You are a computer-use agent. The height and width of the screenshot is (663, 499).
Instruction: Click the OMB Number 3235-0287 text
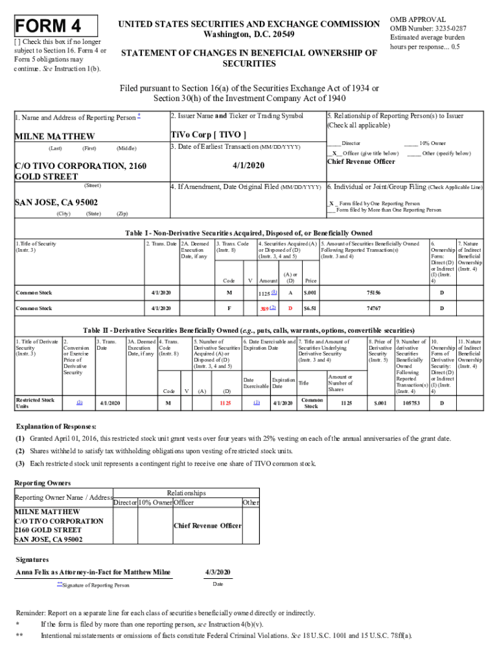pos(427,28)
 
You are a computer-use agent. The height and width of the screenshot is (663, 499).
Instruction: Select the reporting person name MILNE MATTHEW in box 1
pos(54,137)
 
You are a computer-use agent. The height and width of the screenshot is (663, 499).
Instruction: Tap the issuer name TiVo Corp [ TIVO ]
pos(208,135)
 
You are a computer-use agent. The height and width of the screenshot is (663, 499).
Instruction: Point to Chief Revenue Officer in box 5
pos(361,162)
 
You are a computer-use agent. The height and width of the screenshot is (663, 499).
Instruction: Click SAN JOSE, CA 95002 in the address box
pos(56,203)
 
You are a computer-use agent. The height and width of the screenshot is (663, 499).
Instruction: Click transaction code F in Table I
pos(229,308)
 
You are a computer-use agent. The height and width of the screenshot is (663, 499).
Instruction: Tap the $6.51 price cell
pos(310,308)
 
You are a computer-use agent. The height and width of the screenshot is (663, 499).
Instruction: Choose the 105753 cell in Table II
pos(410,403)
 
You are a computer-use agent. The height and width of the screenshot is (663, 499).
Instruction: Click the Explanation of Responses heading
pos(56,427)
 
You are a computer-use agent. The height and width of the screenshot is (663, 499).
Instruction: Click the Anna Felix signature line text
pos(93,572)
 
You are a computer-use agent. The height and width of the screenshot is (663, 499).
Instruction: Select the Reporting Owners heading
pos(42,483)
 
